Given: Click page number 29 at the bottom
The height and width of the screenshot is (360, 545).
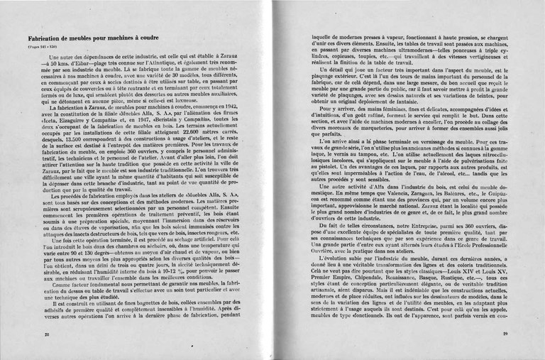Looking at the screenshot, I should pos(505,332).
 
